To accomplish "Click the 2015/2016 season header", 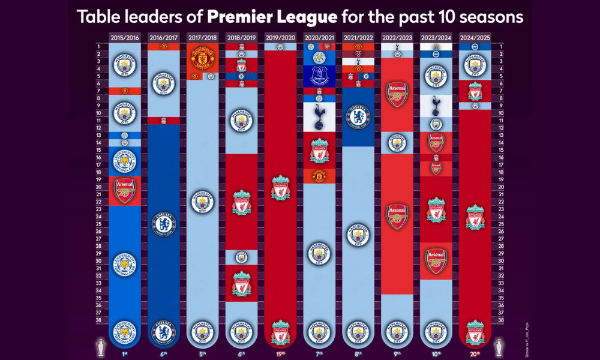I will (x=125, y=37).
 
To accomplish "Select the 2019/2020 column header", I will (x=280, y=37).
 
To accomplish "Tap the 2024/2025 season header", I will (x=474, y=37).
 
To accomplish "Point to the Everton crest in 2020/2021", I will (x=319, y=76).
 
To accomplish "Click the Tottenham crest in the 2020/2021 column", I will (x=319, y=116).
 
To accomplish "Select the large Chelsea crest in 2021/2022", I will (x=358, y=116).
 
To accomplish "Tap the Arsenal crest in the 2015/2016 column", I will (x=125, y=190).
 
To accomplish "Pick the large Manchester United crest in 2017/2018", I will (x=202, y=60).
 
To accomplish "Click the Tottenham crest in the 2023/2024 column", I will (x=436, y=103).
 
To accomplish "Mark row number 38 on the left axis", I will (x=98, y=320).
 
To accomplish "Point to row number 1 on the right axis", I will (x=500, y=46).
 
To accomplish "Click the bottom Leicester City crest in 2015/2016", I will (x=125, y=332).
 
